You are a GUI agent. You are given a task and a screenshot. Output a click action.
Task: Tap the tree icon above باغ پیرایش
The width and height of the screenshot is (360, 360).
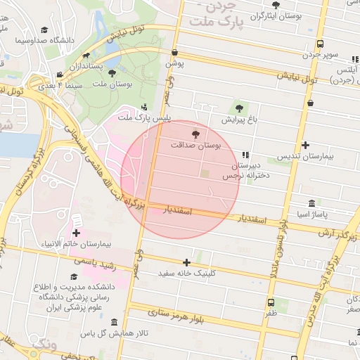(239, 108)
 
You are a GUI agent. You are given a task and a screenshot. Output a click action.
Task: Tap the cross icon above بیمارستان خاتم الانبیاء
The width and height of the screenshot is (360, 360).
(76, 233)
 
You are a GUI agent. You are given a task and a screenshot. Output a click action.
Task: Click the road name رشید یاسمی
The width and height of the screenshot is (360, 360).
(91, 259)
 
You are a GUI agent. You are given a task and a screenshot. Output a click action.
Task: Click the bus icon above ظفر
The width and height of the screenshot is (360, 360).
(271, 302)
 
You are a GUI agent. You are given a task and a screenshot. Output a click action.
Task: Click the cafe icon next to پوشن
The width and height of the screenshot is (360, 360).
(174, 52)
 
